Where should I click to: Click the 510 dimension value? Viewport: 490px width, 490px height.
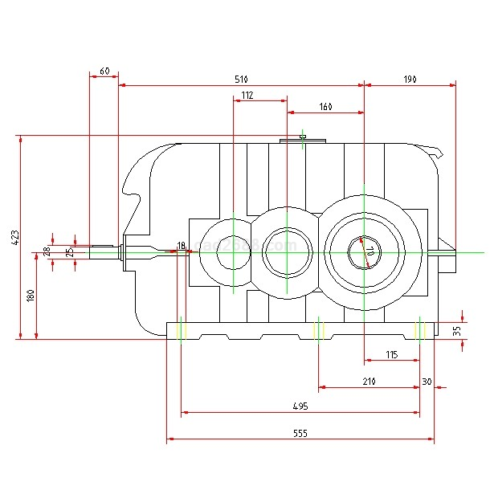pos(241,80)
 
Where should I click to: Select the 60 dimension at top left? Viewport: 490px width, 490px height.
pos(104,71)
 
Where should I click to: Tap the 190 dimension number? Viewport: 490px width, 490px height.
pos(410,80)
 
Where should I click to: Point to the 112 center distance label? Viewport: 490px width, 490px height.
pos(247,96)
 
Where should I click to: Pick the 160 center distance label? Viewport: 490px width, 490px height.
pos(325,107)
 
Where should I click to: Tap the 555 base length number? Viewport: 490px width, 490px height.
pos(300,433)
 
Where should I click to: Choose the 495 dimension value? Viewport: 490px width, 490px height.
pos(300,407)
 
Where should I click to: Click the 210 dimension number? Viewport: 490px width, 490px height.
pos(369,382)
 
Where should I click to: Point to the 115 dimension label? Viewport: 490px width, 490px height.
pos(391,354)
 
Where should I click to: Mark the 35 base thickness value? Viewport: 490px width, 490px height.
pos(457,330)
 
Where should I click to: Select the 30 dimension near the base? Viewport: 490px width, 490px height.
pos(427,382)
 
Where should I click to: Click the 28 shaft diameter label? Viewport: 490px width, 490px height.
pos(47,251)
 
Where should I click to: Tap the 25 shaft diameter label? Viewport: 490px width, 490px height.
pos(69,251)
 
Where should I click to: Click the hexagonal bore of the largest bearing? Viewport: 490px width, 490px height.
pos(364,251)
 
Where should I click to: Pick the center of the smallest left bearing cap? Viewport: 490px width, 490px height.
pos(232,251)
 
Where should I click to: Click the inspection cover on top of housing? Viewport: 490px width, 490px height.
pos(303,141)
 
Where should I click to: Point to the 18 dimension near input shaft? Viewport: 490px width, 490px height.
pos(181,244)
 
